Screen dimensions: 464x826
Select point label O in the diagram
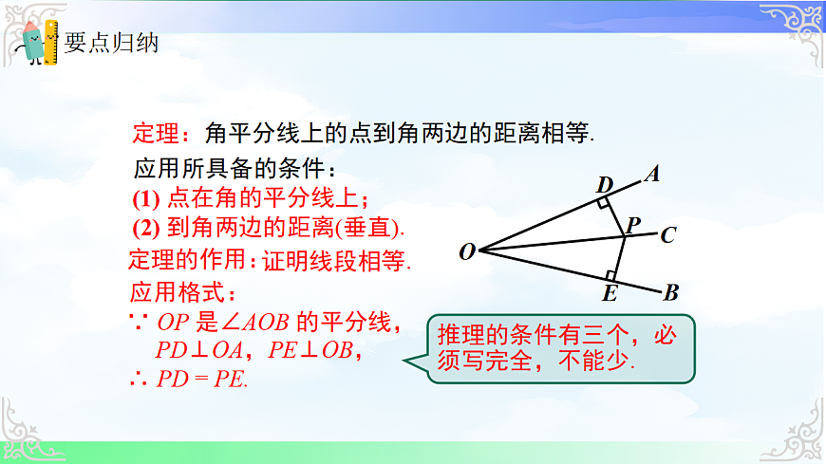tap(467, 252)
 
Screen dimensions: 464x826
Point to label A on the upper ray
tap(652, 174)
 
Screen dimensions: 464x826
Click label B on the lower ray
tap(670, 293)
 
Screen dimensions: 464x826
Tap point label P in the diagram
tap(633, 225)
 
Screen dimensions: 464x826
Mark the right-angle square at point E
tap(610, 276)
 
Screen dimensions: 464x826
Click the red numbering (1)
tap(145, 198)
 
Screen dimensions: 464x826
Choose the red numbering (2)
tap(145, 228)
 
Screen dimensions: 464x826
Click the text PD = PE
tap(201, 380)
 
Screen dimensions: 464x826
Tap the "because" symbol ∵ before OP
tap(136, 322)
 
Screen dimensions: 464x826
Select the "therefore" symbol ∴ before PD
tap(136, 380)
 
